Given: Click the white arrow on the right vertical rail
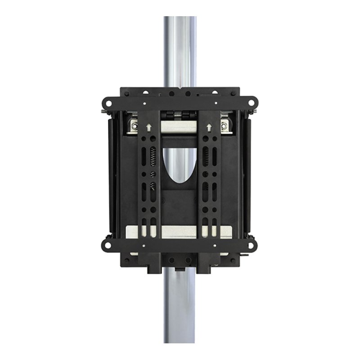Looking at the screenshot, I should coord(210,127).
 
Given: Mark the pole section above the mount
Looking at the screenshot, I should coord(180,49).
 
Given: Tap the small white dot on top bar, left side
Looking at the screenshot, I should coord(144,105).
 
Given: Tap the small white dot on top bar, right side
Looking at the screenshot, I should coord(215,105).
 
